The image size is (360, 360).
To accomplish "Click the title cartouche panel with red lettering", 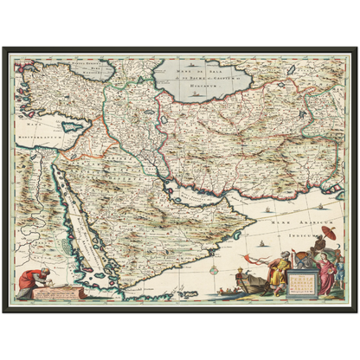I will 303,281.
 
